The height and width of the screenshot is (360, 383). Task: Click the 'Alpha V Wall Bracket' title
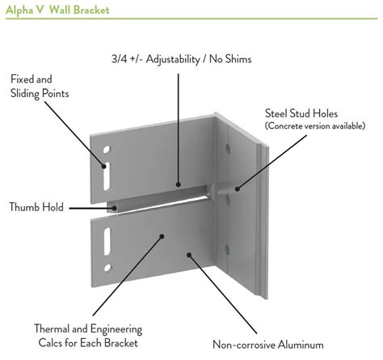pos(57,10)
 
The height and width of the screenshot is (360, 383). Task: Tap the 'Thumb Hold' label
pos(36,207)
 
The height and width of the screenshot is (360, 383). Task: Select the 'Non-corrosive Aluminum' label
pos(268,345)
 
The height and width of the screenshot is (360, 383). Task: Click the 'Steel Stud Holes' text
pos(301,113)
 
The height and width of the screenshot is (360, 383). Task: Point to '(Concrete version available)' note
pos(315,126)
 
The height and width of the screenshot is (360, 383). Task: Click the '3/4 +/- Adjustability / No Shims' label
pos(182,59)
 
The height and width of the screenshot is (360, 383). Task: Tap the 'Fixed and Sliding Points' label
pos(40,87)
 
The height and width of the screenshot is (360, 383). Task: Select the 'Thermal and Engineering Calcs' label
pos(88,336)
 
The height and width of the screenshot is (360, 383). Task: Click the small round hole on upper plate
pos(107,150)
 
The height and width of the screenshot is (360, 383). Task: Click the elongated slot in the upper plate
pos(107,176)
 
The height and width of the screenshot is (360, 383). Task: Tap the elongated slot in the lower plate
pos(107,241)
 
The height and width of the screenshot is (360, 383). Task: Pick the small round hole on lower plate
pos(107,268)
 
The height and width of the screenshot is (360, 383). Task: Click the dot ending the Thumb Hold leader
pos(115,208)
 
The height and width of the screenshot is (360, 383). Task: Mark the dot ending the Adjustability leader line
pos(178,184)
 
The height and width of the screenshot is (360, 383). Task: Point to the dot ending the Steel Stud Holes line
pos(237,188)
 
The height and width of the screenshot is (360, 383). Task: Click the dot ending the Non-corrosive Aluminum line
pos(189,255)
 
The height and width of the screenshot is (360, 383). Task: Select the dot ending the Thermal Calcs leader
pos(162,236)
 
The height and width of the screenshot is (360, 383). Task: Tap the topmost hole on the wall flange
pos(228,148)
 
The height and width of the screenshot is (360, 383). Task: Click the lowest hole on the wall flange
pos(227,250)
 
